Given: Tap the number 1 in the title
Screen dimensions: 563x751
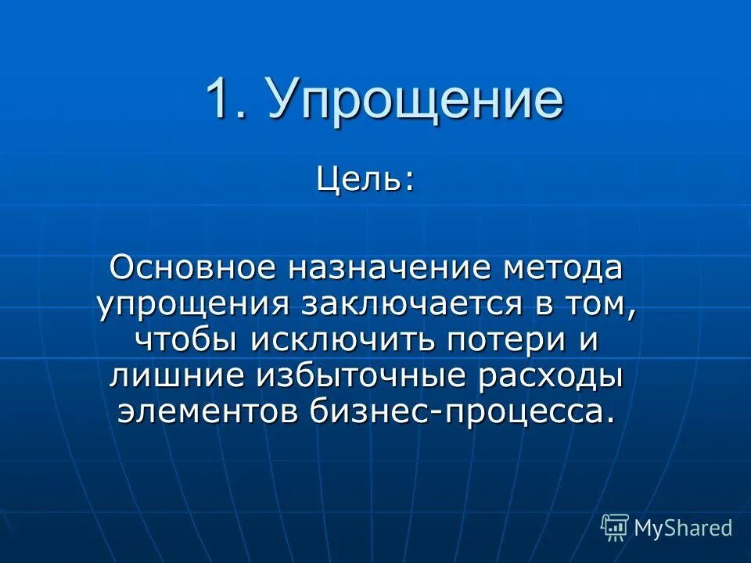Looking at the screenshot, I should point(221,100).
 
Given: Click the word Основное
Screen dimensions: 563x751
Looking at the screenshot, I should point(192,268).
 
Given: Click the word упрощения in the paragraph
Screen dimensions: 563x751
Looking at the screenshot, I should point(184,305).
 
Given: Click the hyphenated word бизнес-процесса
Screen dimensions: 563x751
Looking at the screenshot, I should point(460,411).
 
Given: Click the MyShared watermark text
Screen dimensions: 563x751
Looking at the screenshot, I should point(683,528).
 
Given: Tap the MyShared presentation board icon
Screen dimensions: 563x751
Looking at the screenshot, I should point(615,527).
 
